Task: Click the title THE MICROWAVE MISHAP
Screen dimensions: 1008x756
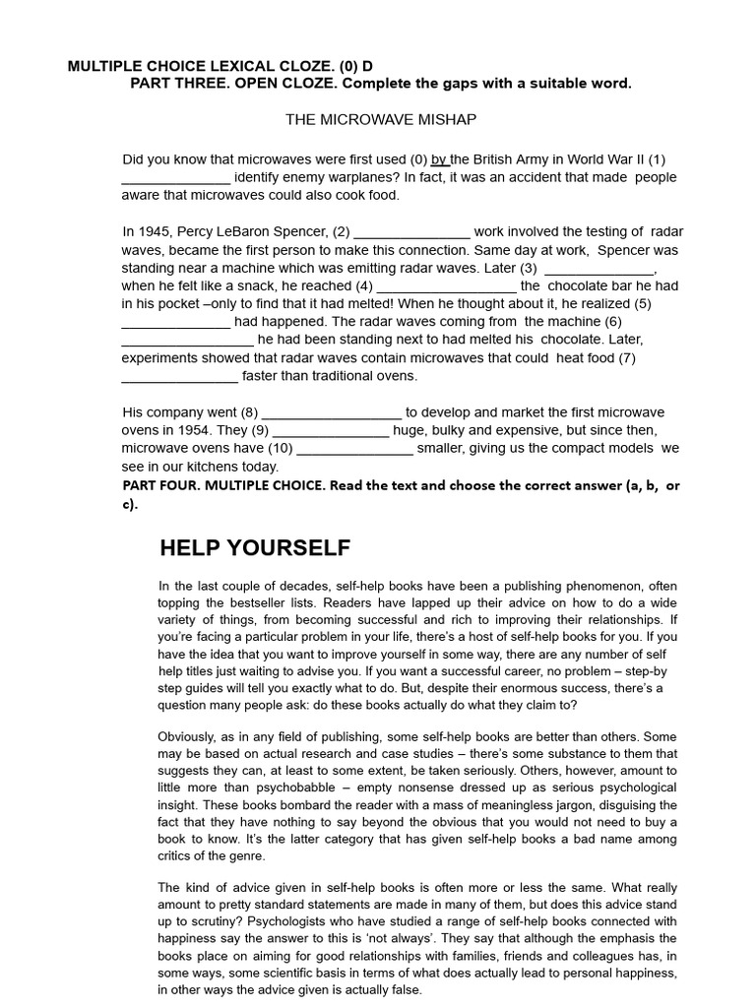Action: point(380,119)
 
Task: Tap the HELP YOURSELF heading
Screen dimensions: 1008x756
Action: point(254,548)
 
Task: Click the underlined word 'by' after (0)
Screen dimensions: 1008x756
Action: point(440,159)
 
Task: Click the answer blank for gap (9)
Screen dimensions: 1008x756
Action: point(331,431)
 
